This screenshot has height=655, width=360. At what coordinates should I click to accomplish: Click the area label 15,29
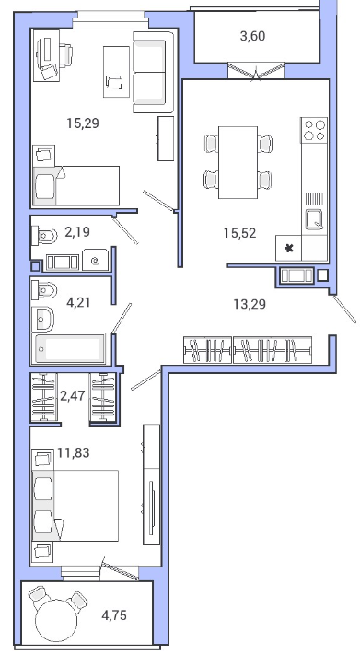pyautogui.click(x=83, y=123)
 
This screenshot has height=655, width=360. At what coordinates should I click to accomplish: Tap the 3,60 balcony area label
pyautogui.click(x=252, y=36)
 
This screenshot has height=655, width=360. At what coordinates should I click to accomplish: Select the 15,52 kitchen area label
pyautogui.click(x=239, y=233)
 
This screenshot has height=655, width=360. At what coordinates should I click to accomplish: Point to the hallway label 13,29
pyautogui.click(x=250, y=304)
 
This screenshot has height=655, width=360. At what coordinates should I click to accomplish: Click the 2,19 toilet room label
pyautogui.click(x=77, y=231)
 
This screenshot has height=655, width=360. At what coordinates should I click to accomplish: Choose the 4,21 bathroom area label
pyautogui.click(x=78, y=301)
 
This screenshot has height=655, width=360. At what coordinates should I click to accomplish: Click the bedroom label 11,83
pyautogui.click(x=74, y=452)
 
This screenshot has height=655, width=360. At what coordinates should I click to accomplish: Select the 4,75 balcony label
pyautogui.click(x=114, y=615)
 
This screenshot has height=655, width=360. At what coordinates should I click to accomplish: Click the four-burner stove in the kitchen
pyautogui.click(x=314, y=130)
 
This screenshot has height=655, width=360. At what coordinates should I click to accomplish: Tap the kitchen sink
pyautogui.click(x=314, y=220)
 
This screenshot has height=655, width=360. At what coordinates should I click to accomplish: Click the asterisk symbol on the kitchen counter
pyautogui.click(x=288, y=249)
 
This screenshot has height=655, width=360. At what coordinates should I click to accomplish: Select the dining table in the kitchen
pyautogui.click(x=238, y=162)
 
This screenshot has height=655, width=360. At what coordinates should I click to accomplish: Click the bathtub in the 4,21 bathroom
pyautogui.click(x=68, y=349)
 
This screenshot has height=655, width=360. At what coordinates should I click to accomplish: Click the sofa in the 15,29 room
pyautogui.click(x=153, y=72)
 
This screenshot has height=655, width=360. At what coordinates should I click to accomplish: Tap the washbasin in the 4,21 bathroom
pyautogui.click(x=43, y=320)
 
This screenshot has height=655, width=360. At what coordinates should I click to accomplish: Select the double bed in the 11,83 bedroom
pyautogui.click(x=75, y=506)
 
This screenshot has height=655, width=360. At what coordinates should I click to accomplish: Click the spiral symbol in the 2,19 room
pyautogui.click(x=96, y=261)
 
